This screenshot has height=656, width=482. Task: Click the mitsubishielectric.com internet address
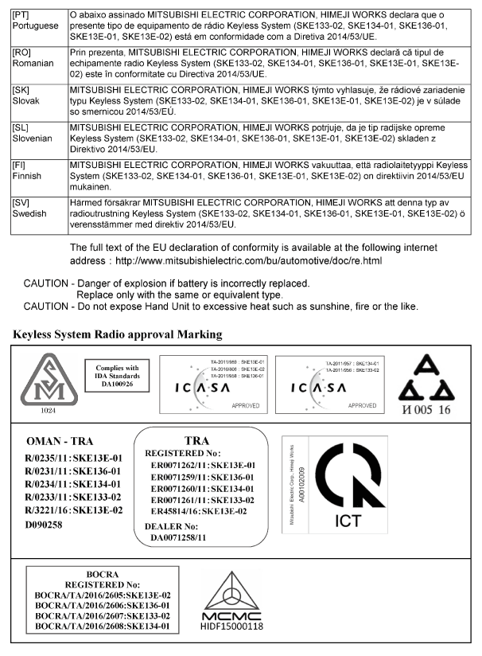click(250, 260)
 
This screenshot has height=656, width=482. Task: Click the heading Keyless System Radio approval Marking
click(117, 334)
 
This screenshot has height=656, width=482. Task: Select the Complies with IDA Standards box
click(118, 373)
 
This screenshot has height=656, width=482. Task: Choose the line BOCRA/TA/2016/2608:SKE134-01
click(103, 627)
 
